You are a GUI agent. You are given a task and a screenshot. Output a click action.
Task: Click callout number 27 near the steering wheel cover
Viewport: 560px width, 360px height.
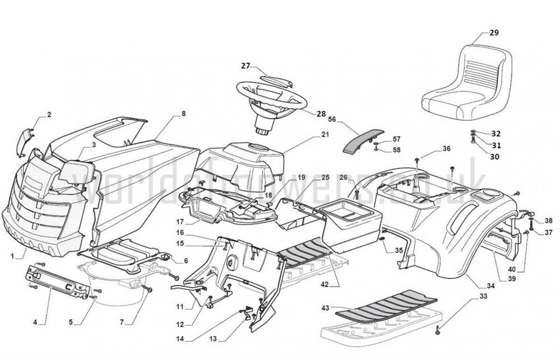tap(245, 66)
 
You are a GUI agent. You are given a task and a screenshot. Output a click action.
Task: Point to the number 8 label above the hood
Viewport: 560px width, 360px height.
tap(183, 114)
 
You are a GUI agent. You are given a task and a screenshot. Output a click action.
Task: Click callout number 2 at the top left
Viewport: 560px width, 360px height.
tap(49, 115)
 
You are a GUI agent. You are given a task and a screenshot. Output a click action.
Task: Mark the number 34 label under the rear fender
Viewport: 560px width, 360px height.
tap(491, 287)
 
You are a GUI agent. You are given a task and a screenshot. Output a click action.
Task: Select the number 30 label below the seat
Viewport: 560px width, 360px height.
tap(494, 157)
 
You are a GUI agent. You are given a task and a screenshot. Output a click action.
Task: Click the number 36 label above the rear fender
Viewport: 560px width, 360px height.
tap(446, 148)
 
